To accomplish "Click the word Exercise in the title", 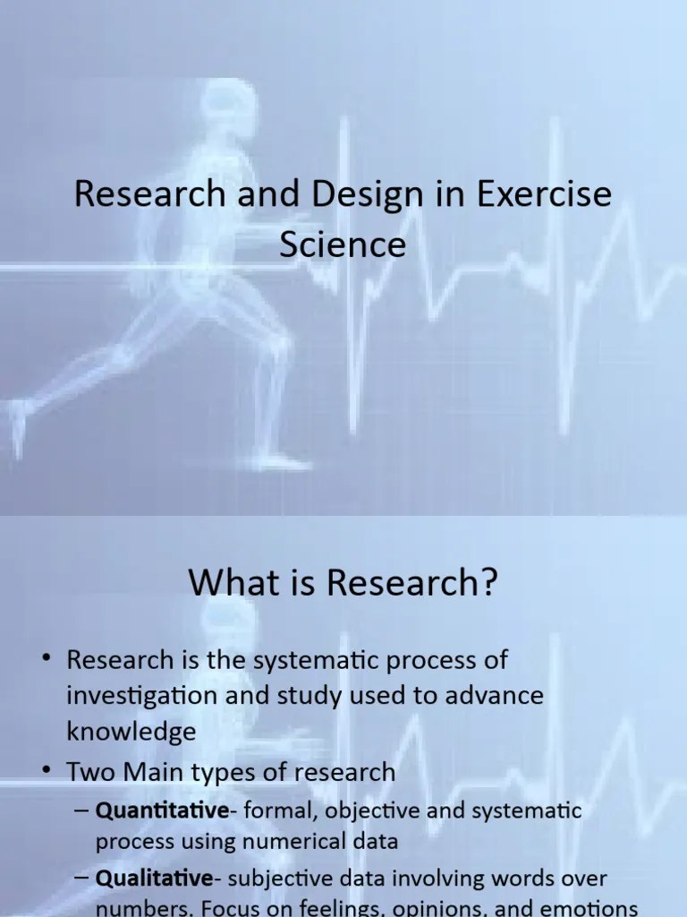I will tap(545, 195).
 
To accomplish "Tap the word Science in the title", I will tap(343, 244).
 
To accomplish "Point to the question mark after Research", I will tap(487, 584).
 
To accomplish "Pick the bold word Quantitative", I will tap(162, 811).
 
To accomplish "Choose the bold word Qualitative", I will tap(155, 878).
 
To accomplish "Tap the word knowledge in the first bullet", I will tap(131, 731).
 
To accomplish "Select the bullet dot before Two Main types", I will tap(46, 770).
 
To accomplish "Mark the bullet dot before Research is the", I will tap(46, 661).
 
